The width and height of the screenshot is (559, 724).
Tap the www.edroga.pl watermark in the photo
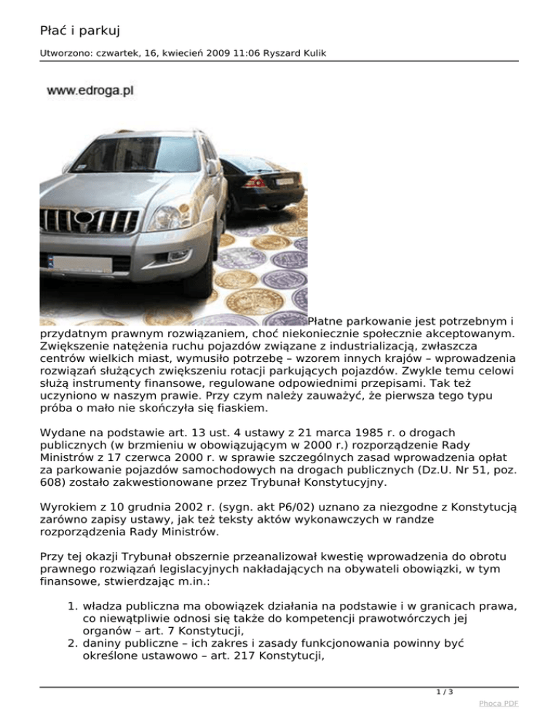(x=90, y=91)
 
